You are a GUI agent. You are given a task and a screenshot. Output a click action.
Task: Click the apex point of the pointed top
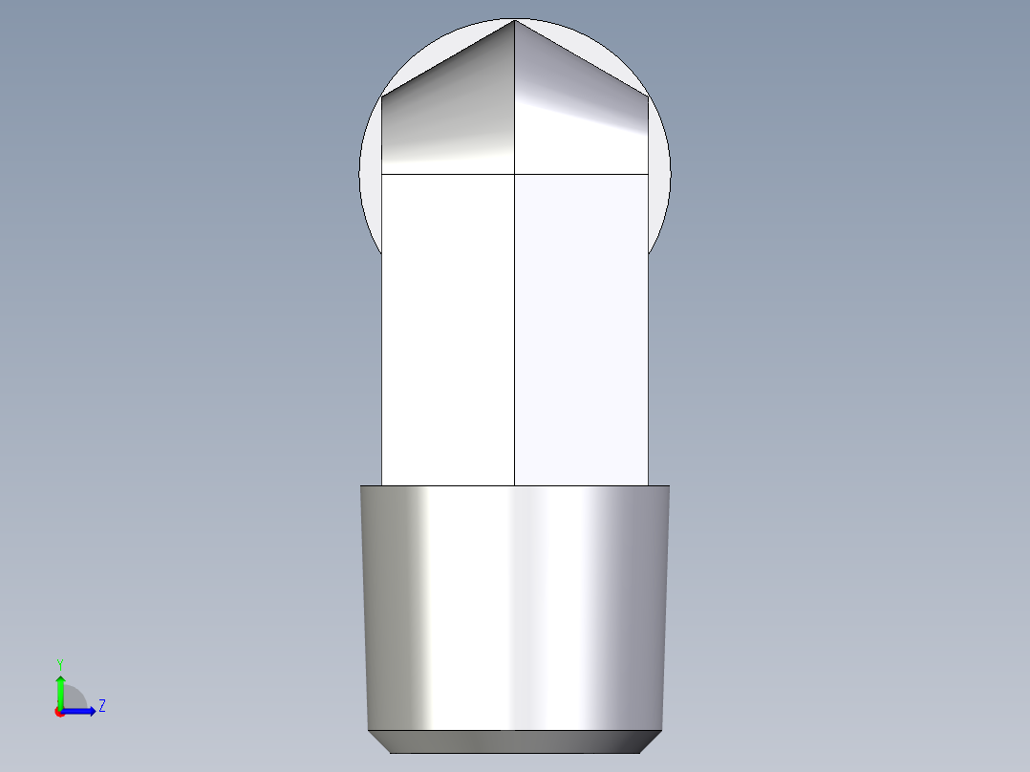click(515, 20)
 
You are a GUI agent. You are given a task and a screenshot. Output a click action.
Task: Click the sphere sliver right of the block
click(659, 182)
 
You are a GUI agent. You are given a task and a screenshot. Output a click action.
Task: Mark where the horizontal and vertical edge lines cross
click(515, 174)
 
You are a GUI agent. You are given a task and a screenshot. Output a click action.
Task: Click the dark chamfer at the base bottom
click(515, 740)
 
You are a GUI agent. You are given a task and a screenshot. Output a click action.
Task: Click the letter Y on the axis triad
click(60, 663)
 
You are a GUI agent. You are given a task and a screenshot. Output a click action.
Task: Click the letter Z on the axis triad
click(101, 706)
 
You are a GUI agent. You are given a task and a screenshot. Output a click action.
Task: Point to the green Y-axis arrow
click(60, 689)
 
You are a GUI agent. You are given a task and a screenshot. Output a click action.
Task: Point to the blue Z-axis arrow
click(81, 711)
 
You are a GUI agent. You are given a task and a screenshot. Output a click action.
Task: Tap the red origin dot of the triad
click(59, 712)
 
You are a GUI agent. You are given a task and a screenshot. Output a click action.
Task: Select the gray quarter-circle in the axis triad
click(75, 697)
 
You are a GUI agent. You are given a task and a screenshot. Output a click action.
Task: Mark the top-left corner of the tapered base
click(361, 486)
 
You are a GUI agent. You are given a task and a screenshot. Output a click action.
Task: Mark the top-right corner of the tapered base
click(669, 486)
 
